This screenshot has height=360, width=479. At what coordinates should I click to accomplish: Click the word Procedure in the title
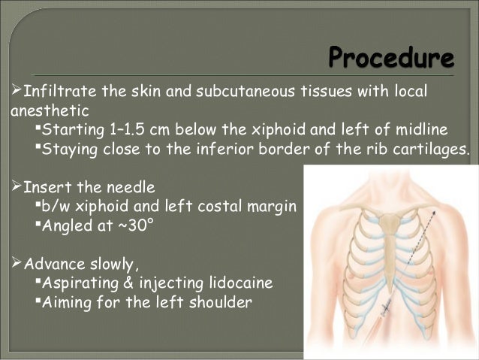click(x=391, y=58)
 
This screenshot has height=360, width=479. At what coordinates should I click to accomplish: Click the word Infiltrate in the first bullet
click(x=54, y=92)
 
